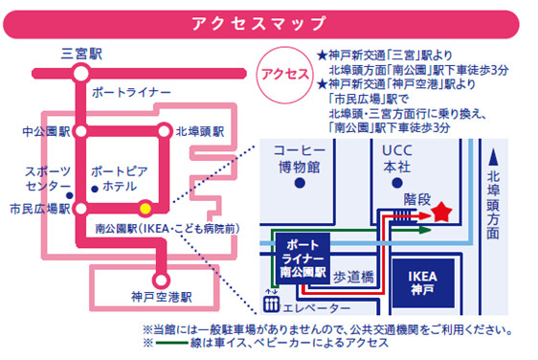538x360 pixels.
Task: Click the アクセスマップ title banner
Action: tap(269, 22)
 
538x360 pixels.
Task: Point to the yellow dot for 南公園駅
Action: tap(145, 207)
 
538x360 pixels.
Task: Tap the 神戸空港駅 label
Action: tap(162, 296)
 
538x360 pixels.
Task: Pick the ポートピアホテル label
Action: tap(117, 178)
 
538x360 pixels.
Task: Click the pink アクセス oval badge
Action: tap(284, 74)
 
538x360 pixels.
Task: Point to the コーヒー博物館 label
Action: tap(299, 159)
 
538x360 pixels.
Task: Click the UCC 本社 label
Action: tap(397, 159)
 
